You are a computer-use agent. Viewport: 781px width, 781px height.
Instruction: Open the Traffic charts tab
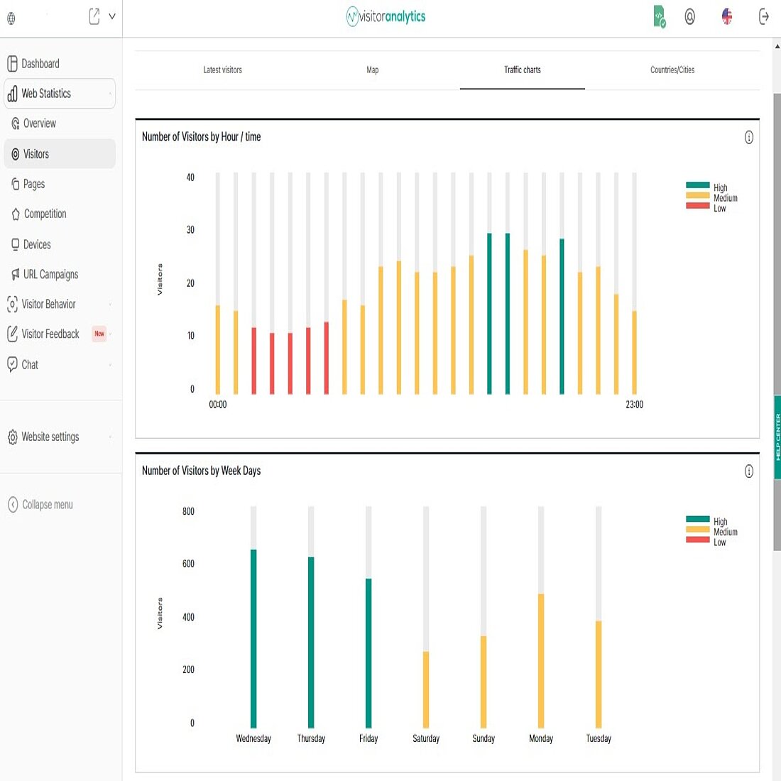click(523, 70)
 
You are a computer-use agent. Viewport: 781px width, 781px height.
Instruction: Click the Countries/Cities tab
click(672, 70)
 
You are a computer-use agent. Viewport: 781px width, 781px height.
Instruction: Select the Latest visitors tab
click(222, 70)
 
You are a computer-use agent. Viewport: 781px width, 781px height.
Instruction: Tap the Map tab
click(372, 70)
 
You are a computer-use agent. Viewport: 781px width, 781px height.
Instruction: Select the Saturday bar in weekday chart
click(426, 689)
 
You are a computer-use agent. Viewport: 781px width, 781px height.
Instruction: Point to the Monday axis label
click(541, 738)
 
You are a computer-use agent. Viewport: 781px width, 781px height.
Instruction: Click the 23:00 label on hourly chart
click(634, 405)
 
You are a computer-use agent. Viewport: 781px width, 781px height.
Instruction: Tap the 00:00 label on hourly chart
click(218, 405)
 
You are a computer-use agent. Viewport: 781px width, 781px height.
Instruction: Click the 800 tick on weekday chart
click(188, 511)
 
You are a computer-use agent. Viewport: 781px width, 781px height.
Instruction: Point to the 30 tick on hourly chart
click(190, 230)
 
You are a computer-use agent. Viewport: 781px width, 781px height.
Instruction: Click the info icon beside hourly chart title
click(748, 138)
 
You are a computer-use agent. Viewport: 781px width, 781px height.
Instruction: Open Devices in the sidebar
click(37, 244)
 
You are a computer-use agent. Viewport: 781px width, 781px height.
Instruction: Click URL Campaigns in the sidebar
click(50, 274)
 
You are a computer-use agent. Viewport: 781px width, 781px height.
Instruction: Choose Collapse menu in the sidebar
click(47, 505)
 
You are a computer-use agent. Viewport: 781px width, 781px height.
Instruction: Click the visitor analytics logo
click(386, 16)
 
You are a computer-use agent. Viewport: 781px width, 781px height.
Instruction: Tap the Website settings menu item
click(50, 437)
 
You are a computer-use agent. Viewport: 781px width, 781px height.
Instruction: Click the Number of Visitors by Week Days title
click(201, 471)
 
